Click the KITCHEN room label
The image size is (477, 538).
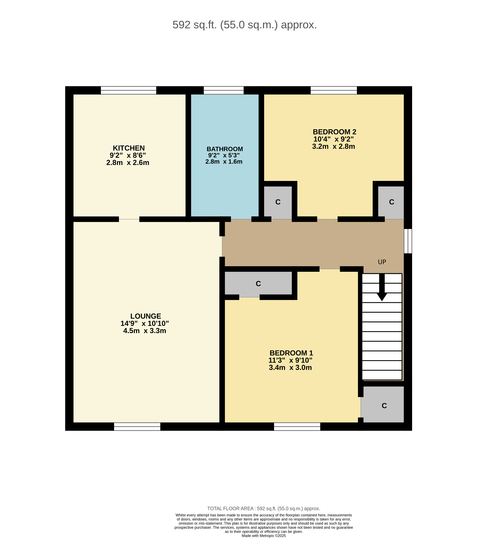pyautogui.click(x=129, y=148)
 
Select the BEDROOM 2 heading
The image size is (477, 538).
pyautogui.click(x=334, y=132)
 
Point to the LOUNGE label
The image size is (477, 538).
pyautogui.click(x=146, y=316)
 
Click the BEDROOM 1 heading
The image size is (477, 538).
pyautogui.click(x=291, y=353)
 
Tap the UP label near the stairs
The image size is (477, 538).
pyautogui.click(x=382, y=262)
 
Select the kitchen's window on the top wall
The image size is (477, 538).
pyautogui.click(x=129, y=90)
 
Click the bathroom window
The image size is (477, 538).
pyautogui.click(x=224, y=90)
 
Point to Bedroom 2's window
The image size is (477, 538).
pyautogui.click(x=334, y=90)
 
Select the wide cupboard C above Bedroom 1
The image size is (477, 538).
pyautogui.click(x=258, y=284)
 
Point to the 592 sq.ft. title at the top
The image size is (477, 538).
pyautogui.click(x=245, y=25)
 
